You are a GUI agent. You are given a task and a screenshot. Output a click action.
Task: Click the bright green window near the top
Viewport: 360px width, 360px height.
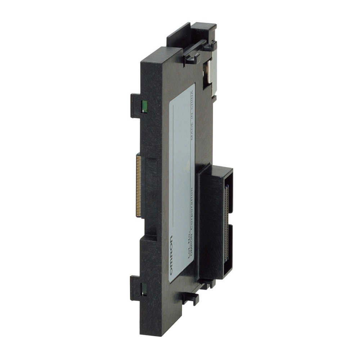[x=144, y=106]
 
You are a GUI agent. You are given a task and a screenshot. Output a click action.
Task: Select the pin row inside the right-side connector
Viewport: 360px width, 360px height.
[x=226, y=223]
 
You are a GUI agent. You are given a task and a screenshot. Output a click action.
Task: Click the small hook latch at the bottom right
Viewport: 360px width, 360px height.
[x=191, y=298]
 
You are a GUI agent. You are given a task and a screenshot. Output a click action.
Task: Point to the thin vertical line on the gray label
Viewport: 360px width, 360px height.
[x=174, y=162]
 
